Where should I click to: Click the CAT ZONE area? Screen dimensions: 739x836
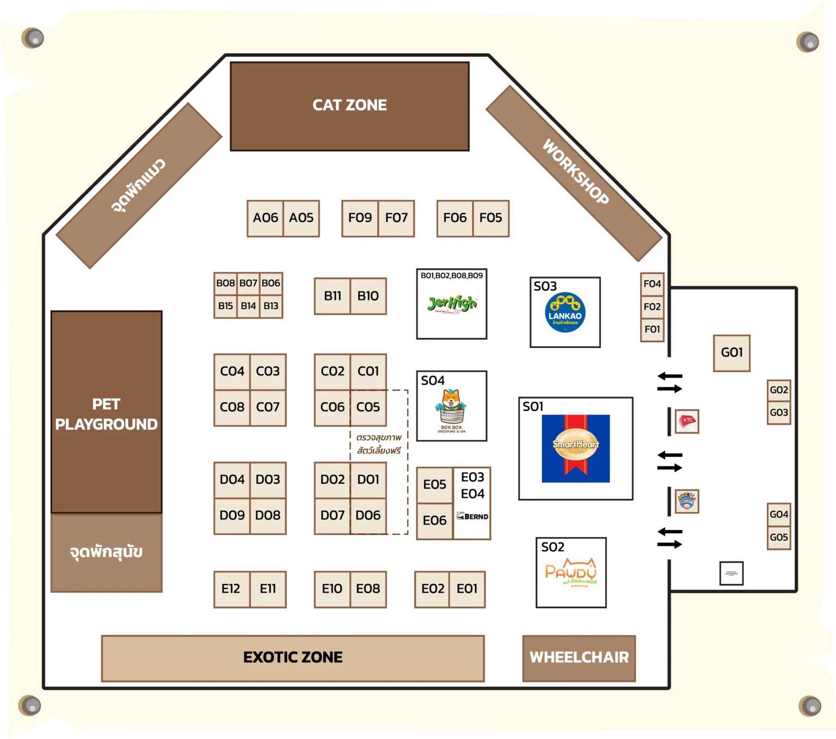point(349,106)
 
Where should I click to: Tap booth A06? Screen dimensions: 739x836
point(265,218)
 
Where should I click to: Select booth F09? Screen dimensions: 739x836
point(360,218)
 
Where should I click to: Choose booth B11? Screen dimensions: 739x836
point(332,296)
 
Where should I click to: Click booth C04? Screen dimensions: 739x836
point(232,372)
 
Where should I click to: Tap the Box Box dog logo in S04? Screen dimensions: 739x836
point(451,408)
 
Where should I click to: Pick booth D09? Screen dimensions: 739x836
point(232,515)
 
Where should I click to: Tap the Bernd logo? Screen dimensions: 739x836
point(472,516)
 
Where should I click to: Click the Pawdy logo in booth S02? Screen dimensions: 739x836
point(571,574)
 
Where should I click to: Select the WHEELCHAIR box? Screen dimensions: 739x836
point(579,658)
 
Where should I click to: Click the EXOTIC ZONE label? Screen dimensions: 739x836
point(293,658)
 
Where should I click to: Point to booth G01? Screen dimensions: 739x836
point(731,353)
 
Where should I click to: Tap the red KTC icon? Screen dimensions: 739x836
point(687,421)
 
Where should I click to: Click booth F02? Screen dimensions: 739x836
point(652,307)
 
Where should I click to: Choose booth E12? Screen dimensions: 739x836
point(231,589)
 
